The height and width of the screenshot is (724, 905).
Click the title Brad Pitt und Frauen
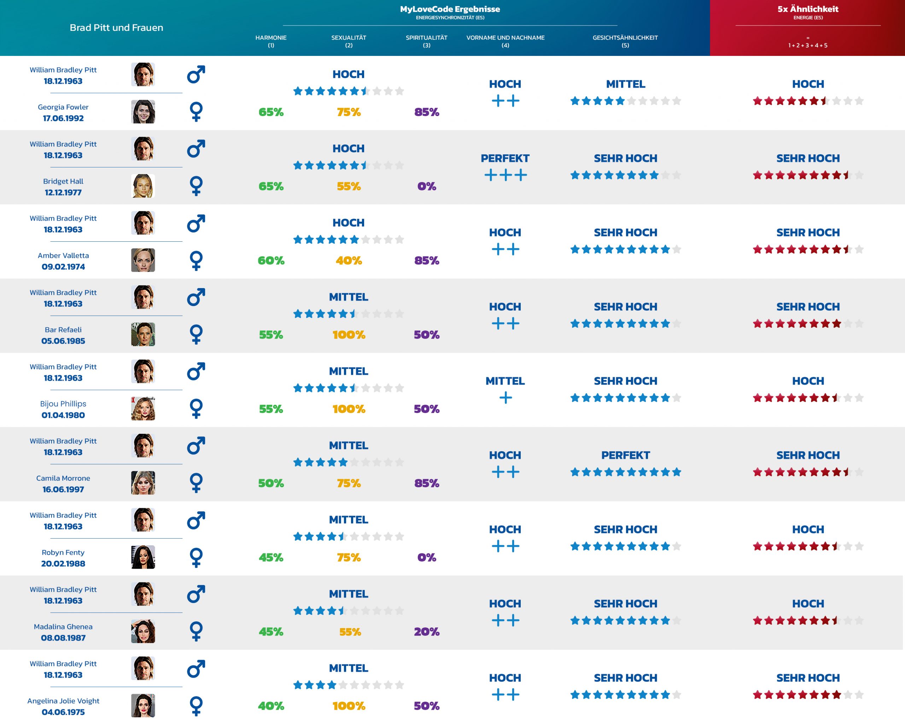click(116, 28)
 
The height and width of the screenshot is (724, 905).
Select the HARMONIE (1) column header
click(271, 41)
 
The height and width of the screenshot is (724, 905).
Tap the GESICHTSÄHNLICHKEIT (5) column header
click(625, 41)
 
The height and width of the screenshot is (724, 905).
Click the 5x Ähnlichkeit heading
click(808, 9)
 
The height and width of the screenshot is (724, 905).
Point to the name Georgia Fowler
click(63, 107)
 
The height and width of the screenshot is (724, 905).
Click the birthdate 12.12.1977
click(63, 193)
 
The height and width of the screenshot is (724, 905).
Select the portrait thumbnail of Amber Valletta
click(143, 260)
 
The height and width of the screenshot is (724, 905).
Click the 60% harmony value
click(271, 260)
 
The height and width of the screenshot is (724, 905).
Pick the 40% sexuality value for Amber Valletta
click(349, 260)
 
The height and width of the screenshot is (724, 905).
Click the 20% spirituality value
click(426, 632)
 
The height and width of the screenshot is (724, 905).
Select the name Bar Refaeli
click(63, 330)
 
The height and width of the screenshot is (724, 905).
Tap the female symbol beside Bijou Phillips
click(196, 408)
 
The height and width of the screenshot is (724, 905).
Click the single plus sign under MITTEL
click(506, 397)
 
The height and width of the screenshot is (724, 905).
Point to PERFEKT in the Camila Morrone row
click(625, 455)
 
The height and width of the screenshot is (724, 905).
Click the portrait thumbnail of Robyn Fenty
click(143, 557)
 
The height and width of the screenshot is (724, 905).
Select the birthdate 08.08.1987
click(63, 638)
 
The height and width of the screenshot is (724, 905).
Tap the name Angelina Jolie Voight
click(63, 701)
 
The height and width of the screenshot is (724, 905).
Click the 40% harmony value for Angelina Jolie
click(271, 706)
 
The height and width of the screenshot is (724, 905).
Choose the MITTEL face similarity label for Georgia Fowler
click(625, 84)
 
